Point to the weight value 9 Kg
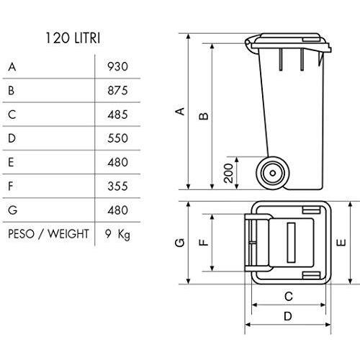(x=117, y=234)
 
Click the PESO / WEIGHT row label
(x=48, y=234)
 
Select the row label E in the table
(x=12, y=163)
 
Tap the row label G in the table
(x=12, y=210)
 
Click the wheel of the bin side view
(x=272, y=173)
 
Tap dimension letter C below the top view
(x=288, y=295)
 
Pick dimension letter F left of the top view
(x=204, y=243)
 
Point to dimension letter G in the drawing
(x=180, y=243)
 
